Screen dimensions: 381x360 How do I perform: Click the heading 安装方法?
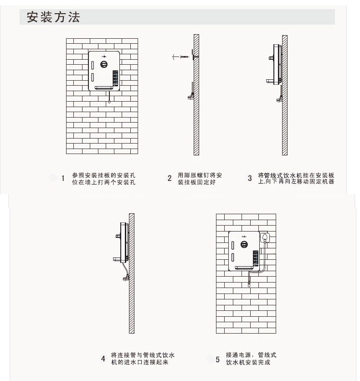tap(53, 17)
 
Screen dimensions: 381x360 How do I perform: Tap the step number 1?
tap(63, 178)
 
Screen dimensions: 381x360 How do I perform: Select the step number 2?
tap(170, 178)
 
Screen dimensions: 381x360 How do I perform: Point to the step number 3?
tap(250, 178)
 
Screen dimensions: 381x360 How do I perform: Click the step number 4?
tap(103, 358)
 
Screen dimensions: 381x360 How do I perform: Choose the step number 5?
tap(217, 359)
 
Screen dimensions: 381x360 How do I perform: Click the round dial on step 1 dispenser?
tap(104, 65)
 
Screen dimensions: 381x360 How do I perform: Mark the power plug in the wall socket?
tap(264, 238)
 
